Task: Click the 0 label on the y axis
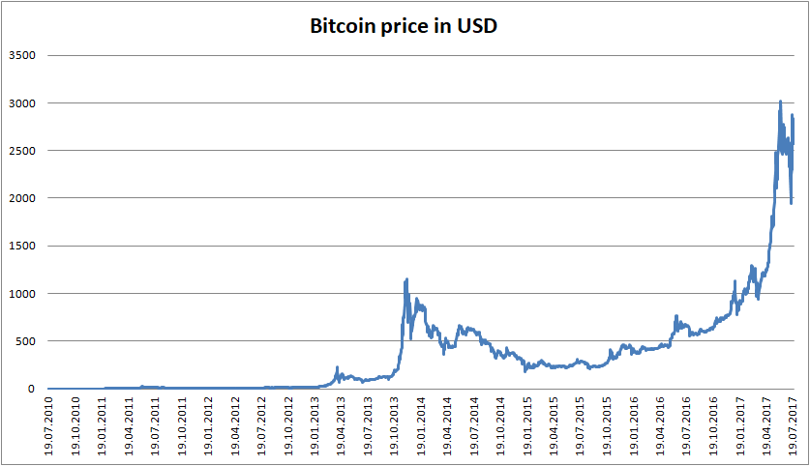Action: click(x=31, y=389)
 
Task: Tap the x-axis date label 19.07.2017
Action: click(x=793, y=426)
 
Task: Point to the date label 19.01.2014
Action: click(x=421, y=426)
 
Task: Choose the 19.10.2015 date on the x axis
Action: click(x=607, y=426)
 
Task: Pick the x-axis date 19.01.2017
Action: click(x=739, y=426)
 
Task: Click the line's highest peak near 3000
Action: click(x=781, y=102)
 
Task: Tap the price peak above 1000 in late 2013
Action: click(x=406, y=279)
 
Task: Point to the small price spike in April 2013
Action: click(x=337, y=367)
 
